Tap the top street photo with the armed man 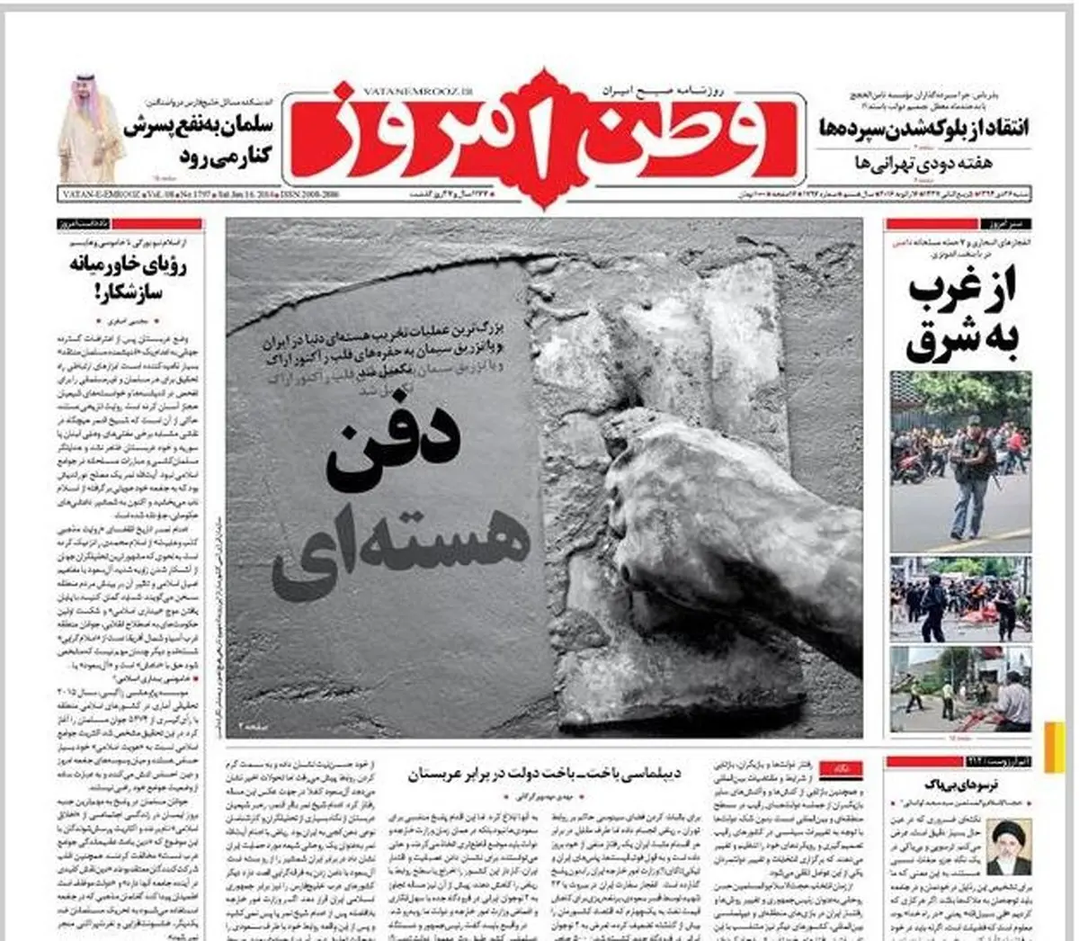pyautogui.click(x=960, y=460)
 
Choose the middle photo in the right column pyautogui.click(x=960, y=598)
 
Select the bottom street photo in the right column pyautogui.click(x=960, y=688)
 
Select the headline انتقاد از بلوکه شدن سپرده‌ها pyautogui.click(x=923, y=128)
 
